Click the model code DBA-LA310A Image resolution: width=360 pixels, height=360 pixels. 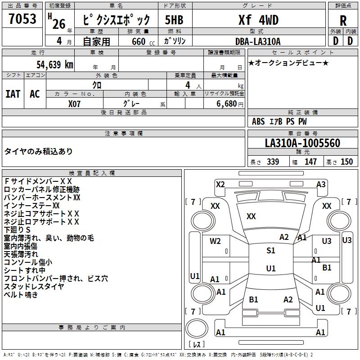point(258,41)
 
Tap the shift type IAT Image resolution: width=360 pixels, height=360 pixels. point(13,94)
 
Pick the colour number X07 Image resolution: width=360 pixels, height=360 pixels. point(75,103)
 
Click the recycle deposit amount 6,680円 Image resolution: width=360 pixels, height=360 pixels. point(229,104)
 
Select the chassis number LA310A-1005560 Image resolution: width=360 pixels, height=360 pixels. point(302,144)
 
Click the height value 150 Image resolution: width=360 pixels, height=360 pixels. point(346,162)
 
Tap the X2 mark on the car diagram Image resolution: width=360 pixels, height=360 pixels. point(220,184)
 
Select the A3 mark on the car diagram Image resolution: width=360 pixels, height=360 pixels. point(321,184)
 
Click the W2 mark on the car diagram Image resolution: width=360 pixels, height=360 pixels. point(216,241)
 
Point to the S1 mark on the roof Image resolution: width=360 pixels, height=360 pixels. point(270,251)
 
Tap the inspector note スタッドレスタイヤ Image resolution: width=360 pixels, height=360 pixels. point(34,287)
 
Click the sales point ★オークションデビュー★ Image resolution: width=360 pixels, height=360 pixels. point(288,63)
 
